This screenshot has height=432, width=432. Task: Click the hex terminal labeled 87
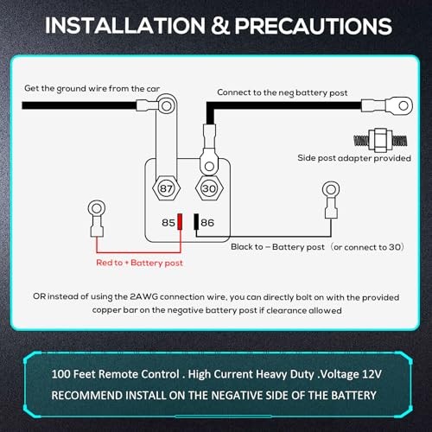pos(166,188)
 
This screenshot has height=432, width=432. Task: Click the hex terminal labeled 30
pos(209,188)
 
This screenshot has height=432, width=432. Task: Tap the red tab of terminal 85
pos(180,221)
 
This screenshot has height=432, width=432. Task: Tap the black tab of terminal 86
pos(196,221)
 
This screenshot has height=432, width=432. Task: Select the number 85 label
pos(168,223)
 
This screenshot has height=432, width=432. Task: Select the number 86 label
pos(207,223)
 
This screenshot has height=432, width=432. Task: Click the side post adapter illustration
pos(380,140)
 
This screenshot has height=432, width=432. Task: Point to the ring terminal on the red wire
pos(97,219)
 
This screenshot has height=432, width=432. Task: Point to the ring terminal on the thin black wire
pos(331,200)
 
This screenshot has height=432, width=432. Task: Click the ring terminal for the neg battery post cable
pos(387,105)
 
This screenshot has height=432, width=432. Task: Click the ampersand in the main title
pos(220,26)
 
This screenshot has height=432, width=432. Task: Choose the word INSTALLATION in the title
pos(125,26)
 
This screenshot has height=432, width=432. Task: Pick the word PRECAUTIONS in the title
pos(314,26)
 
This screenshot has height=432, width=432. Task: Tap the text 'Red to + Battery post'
pos(139,263)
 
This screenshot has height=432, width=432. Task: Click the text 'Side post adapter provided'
pos(354,158)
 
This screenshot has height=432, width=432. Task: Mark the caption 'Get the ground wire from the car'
pos(92,88)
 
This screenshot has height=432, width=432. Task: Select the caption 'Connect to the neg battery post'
pos(283,92)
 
